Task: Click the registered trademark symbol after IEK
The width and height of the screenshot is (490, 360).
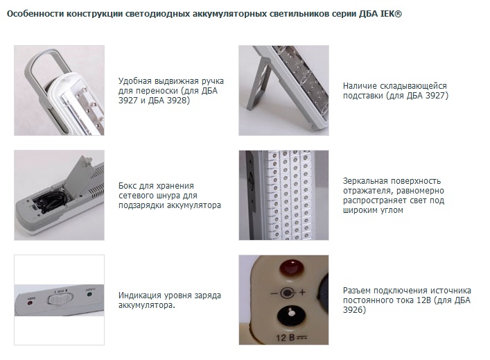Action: coord(398,14)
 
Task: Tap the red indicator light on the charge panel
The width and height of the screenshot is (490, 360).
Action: coord(30,302)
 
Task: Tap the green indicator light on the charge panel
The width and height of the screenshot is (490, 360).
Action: coord(89,294)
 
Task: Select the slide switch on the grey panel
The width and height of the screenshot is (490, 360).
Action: coord(60,298)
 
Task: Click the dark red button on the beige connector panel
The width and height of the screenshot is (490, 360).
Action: coord(292,268)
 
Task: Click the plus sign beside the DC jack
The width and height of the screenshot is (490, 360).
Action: coord(302,293)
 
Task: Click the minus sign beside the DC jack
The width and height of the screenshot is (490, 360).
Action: coord(274,293)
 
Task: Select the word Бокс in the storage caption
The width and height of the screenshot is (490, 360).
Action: coord(128,186)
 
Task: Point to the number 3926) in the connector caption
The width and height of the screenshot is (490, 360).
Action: coord(354,310)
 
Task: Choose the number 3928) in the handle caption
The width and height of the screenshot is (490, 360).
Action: coord(178,101)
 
